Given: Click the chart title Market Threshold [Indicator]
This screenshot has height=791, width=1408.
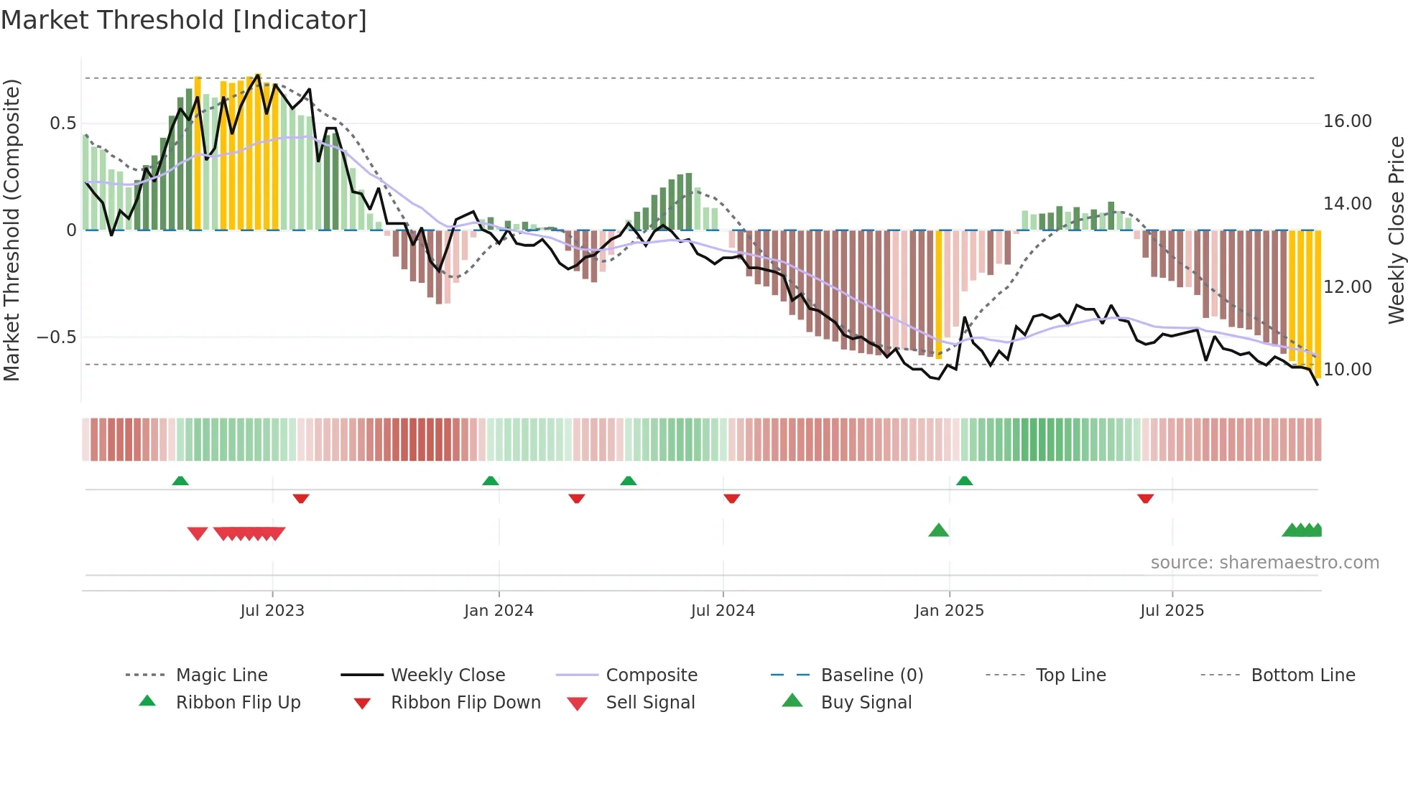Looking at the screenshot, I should click(184, 20).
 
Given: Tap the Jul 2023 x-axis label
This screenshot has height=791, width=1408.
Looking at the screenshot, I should click(272, 611).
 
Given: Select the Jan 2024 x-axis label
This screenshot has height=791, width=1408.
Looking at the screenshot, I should click(499, 611).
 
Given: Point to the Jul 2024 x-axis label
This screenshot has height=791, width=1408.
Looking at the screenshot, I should click(723, 611).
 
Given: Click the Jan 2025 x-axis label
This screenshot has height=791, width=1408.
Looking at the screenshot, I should click(949, 611).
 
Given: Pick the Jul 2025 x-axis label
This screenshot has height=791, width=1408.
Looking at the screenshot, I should click(1172, 611).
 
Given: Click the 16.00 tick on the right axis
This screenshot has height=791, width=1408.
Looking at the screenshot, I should click(1348, 121).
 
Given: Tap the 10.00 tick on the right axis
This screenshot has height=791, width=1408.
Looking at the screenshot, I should click(1348, 370).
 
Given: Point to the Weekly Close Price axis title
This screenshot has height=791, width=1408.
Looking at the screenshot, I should click(1396, 230).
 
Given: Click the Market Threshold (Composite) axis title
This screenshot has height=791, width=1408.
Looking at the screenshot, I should click(11, 230).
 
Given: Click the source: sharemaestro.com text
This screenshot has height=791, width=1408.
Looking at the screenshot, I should click(1264, 563).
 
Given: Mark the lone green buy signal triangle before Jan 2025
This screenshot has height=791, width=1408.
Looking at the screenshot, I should click(938, 531).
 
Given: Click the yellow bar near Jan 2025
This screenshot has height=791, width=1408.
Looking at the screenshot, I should click(938, 294).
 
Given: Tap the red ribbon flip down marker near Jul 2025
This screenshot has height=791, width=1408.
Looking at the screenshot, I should click(1145, 498).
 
